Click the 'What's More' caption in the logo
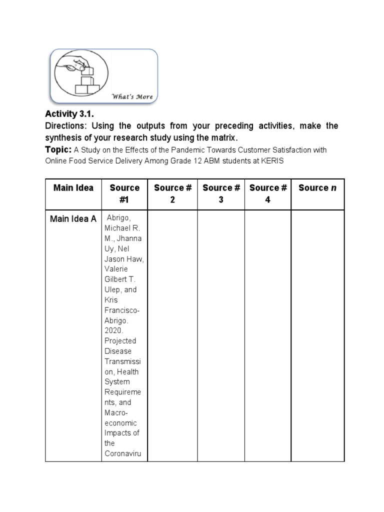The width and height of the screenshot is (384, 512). [x=132, y=96]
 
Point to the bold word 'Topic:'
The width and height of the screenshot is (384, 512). [x=58, y=149]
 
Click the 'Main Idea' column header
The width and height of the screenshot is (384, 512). [x=73, y=188]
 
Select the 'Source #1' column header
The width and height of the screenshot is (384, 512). [x=124, y=193]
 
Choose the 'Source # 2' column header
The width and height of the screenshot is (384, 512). [x=172, y=193]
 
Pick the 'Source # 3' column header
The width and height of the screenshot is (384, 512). [x=221, y=193]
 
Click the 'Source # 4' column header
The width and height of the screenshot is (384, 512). [x=268, y=193]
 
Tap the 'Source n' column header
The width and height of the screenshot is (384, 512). [x=314, y=188]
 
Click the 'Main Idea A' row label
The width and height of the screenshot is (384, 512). [x=73, y=218]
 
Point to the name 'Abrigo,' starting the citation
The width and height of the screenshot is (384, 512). [x=119, y=218]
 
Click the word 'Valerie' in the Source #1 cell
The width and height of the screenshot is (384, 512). [x=116, y=269]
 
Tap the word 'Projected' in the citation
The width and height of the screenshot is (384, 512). [x=120, y=340]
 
